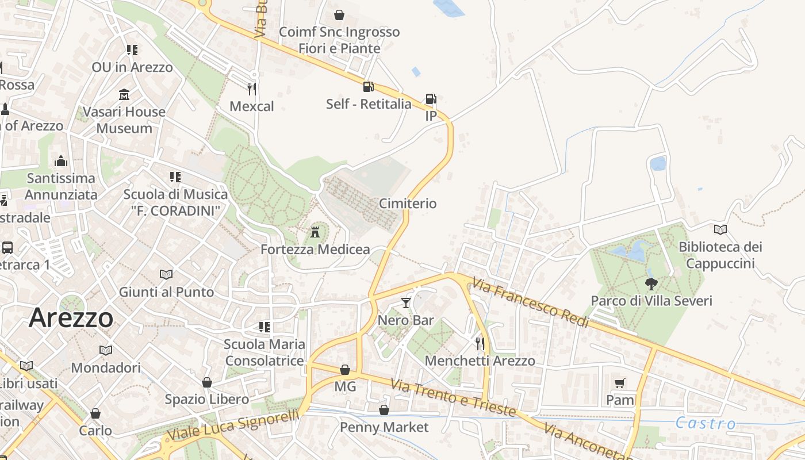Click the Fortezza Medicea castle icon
pyautogui.click(x=315, y=232)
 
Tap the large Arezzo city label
pyautogui.click(x=71, y=317)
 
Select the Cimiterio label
pyautogui.click(x=408, y=204)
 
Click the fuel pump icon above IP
pyautogui.click(x=431, y=99)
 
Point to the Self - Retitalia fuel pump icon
pyautogui.click(x=368, y=87)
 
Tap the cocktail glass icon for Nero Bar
pyautogui.click(x=406, y=302)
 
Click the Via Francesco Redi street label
pyautogui.click(x=531, y=302)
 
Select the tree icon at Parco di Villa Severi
pyautogui.click(x=651, y=283)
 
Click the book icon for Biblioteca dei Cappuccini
pyautogui.click(x=720, y=230)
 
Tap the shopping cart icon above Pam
pyautogui.click(x=620, y=383)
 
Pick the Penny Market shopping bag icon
pyautogui.click(x=384, y=410)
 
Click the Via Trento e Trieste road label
pyautogui.click(x=454, y=398)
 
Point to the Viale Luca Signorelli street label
pyautogui.click(x=233, y=424)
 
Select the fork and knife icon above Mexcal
pyautogui.click(x=251, y=89)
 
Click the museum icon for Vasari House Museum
pyautogui.click(x=124, y=94)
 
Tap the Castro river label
pyautogui.click(x=705, y=424)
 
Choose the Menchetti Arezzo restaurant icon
pyautogui.click(x=480, y=344)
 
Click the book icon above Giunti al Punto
pyautogui.click(x=166, y=275)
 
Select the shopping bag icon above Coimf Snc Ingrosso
pyautogui.click(x=339, y=14)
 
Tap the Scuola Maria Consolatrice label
pyautogui.click(x=264, y=352)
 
